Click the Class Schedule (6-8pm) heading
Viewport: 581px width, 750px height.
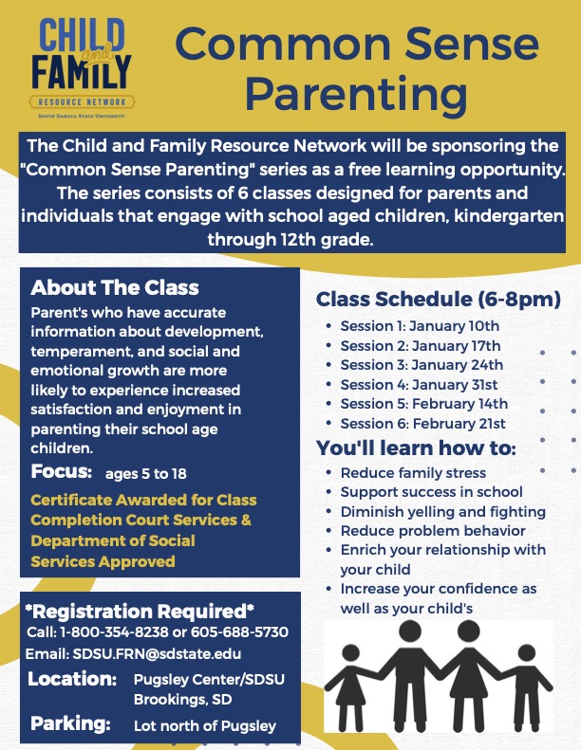click(x=438, y=301)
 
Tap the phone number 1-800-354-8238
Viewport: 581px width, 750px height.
click(x=99, y=632)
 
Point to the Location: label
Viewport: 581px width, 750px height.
click(x=72, y=680)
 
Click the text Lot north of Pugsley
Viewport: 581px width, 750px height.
click(x=204, y=726)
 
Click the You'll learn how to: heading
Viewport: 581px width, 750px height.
click(x=416, y=448)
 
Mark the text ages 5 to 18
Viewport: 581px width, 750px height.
click(x=148, y=474)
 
